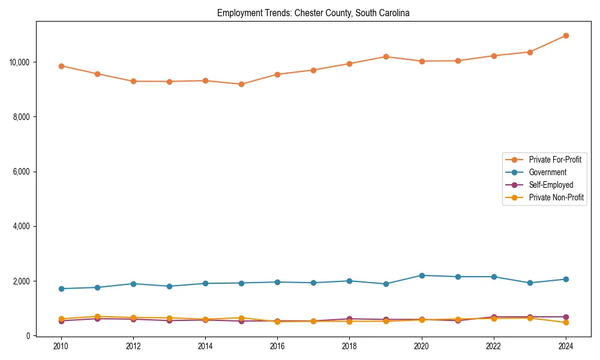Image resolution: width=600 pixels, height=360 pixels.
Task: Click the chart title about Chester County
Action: click(313, 13)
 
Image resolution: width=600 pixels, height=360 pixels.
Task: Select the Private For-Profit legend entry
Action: click(554, 160)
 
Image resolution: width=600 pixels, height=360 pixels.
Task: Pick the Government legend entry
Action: click(547, 172)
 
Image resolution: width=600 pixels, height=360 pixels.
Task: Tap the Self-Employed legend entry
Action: click(551, 185)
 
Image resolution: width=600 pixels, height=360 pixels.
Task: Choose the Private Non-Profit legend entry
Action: click(556, 197)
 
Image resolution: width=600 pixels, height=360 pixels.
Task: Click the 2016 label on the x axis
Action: click(277, 346)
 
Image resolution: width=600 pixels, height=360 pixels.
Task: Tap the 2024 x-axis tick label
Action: click(566, 346)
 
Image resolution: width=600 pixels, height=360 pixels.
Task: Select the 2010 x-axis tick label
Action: click(61, 346)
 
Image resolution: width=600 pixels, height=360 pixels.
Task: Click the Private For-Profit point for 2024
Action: click(566, 36)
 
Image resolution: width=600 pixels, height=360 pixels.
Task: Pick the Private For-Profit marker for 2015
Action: click(241, 85)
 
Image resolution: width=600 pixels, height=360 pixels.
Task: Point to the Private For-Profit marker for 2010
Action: click(61, 66)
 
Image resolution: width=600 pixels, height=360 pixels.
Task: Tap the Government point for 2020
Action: click(422, 275)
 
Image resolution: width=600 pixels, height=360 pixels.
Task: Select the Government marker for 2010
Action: click(61, 289)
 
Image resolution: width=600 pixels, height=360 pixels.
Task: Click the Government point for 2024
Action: click(566, 279)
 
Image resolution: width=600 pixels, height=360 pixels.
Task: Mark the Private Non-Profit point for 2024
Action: click(566, 323)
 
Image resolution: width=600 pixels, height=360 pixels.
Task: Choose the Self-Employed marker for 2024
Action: click(566, 317)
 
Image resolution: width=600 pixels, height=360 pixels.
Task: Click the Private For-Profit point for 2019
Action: click(386, 56)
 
